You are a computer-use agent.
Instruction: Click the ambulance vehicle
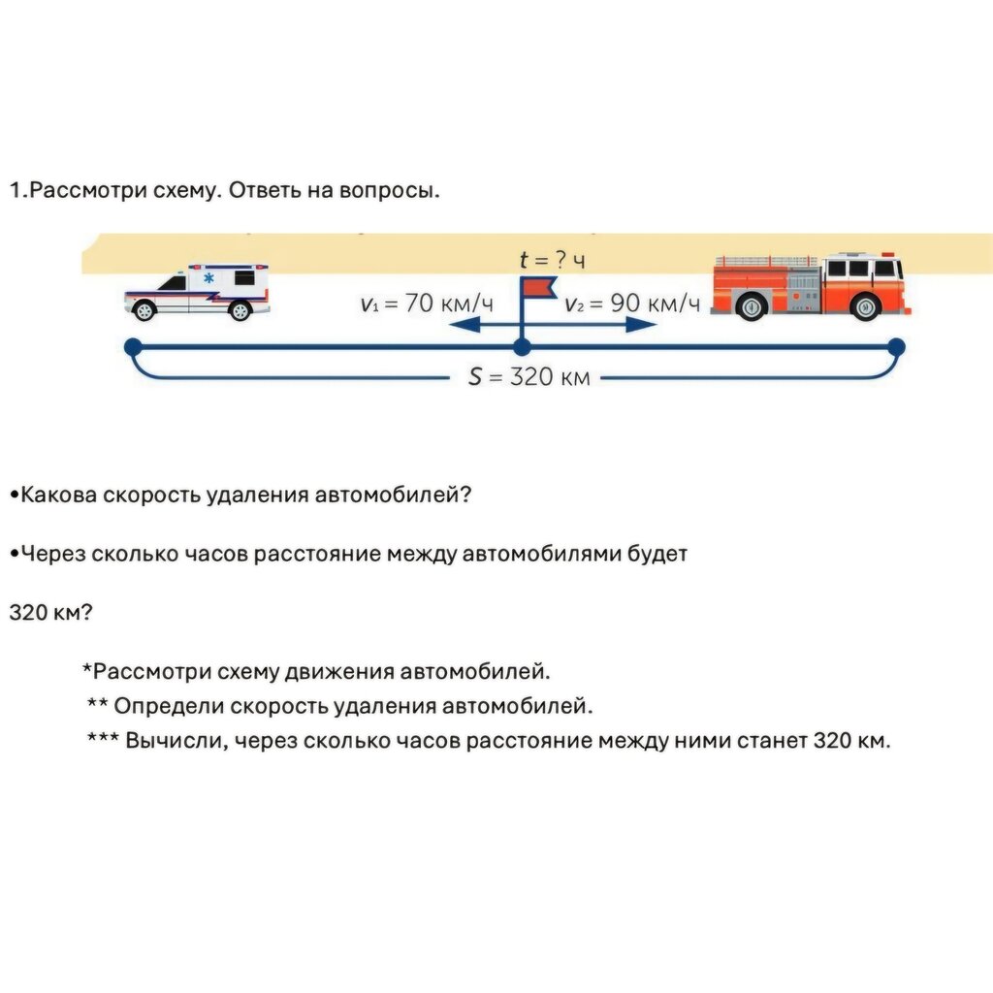point(197,292)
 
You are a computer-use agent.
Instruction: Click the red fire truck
point(811,286)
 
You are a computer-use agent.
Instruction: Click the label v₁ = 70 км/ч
point(427,304)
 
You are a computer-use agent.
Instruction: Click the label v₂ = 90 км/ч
point(632,304)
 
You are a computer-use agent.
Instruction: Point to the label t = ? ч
point(552,260)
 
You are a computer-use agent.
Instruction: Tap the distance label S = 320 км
point(529,377)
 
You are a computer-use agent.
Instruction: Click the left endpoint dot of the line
point(133,347)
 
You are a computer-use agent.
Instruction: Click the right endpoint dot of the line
point(896,347)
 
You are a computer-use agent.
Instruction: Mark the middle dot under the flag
point(522,347)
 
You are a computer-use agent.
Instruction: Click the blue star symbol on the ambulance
point(208,278)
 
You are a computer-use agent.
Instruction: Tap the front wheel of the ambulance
point(144,310)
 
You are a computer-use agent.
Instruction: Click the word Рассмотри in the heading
point(88,191)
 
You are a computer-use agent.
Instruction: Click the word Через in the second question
point(53,554)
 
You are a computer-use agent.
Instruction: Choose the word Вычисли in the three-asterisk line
point(176,740)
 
